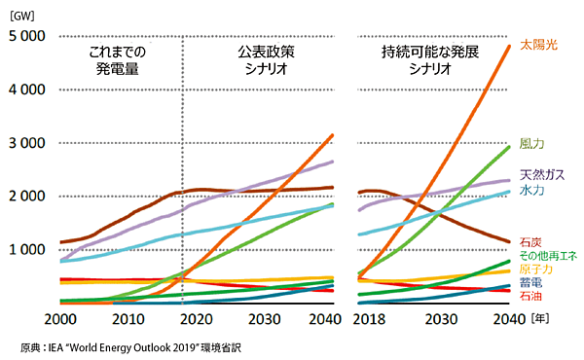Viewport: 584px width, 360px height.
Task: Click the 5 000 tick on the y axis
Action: tap(27, 37)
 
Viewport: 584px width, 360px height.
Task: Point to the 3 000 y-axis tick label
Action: tap(27, 143)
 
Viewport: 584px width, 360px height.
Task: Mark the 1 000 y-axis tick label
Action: tap(27, 249)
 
